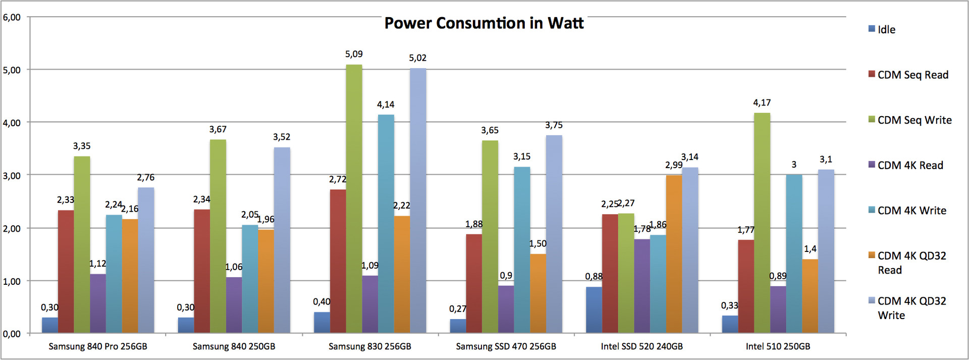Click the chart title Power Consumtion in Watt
point(484,23)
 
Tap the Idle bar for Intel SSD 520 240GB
point(594,310)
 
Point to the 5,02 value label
point(418,58)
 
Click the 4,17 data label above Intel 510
point(762,102)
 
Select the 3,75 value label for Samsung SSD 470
point(554,125)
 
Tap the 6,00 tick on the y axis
point(12,17)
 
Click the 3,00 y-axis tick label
point(12,175)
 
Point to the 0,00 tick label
point(12,334)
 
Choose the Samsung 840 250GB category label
point(234,346)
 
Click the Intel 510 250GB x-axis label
point(778,346)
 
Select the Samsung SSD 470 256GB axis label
point(506,346)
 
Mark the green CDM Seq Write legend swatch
point(872,119)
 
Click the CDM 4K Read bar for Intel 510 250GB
point(778,309)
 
